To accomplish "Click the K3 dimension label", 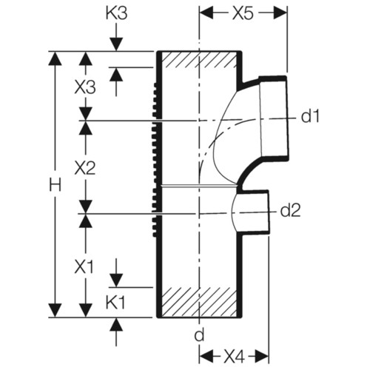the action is pyautogui.click(x=116, y=14).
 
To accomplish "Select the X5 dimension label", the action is pyautogui.click(x=243, y=14).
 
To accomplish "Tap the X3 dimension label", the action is pyautogui.click(x=85, y=87).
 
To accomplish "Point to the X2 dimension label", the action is pyautogui.click(x=85, y=169).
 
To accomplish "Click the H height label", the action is pyautogui.click(x=55, y=185).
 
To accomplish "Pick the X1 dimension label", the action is pyautogui.click(x=84, y=267).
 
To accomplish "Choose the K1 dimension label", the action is pyautogui.click(x=115, y=303).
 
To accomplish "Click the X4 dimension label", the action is pyautogui.click(x=234, y=357).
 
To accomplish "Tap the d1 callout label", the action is pyautogui.click(x=310, y=116).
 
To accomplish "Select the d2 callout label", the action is pyautogui.click(x=291, y=210).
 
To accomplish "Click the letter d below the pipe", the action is pyautogui.click(x=199, y=335).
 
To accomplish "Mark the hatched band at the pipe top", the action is pyautogui.click(x=199, y=59).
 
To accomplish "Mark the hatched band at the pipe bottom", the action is pyautogui.click(x=199, y=302).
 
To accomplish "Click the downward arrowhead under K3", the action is pyautogui.click(x=116, y=44).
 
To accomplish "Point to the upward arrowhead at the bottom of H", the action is pyautogui.click(x=55, y=310).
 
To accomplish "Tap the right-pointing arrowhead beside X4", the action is pyautogui.click(x=261, y=357).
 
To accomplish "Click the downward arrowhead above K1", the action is pyautogui.click(x=116, y=280).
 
